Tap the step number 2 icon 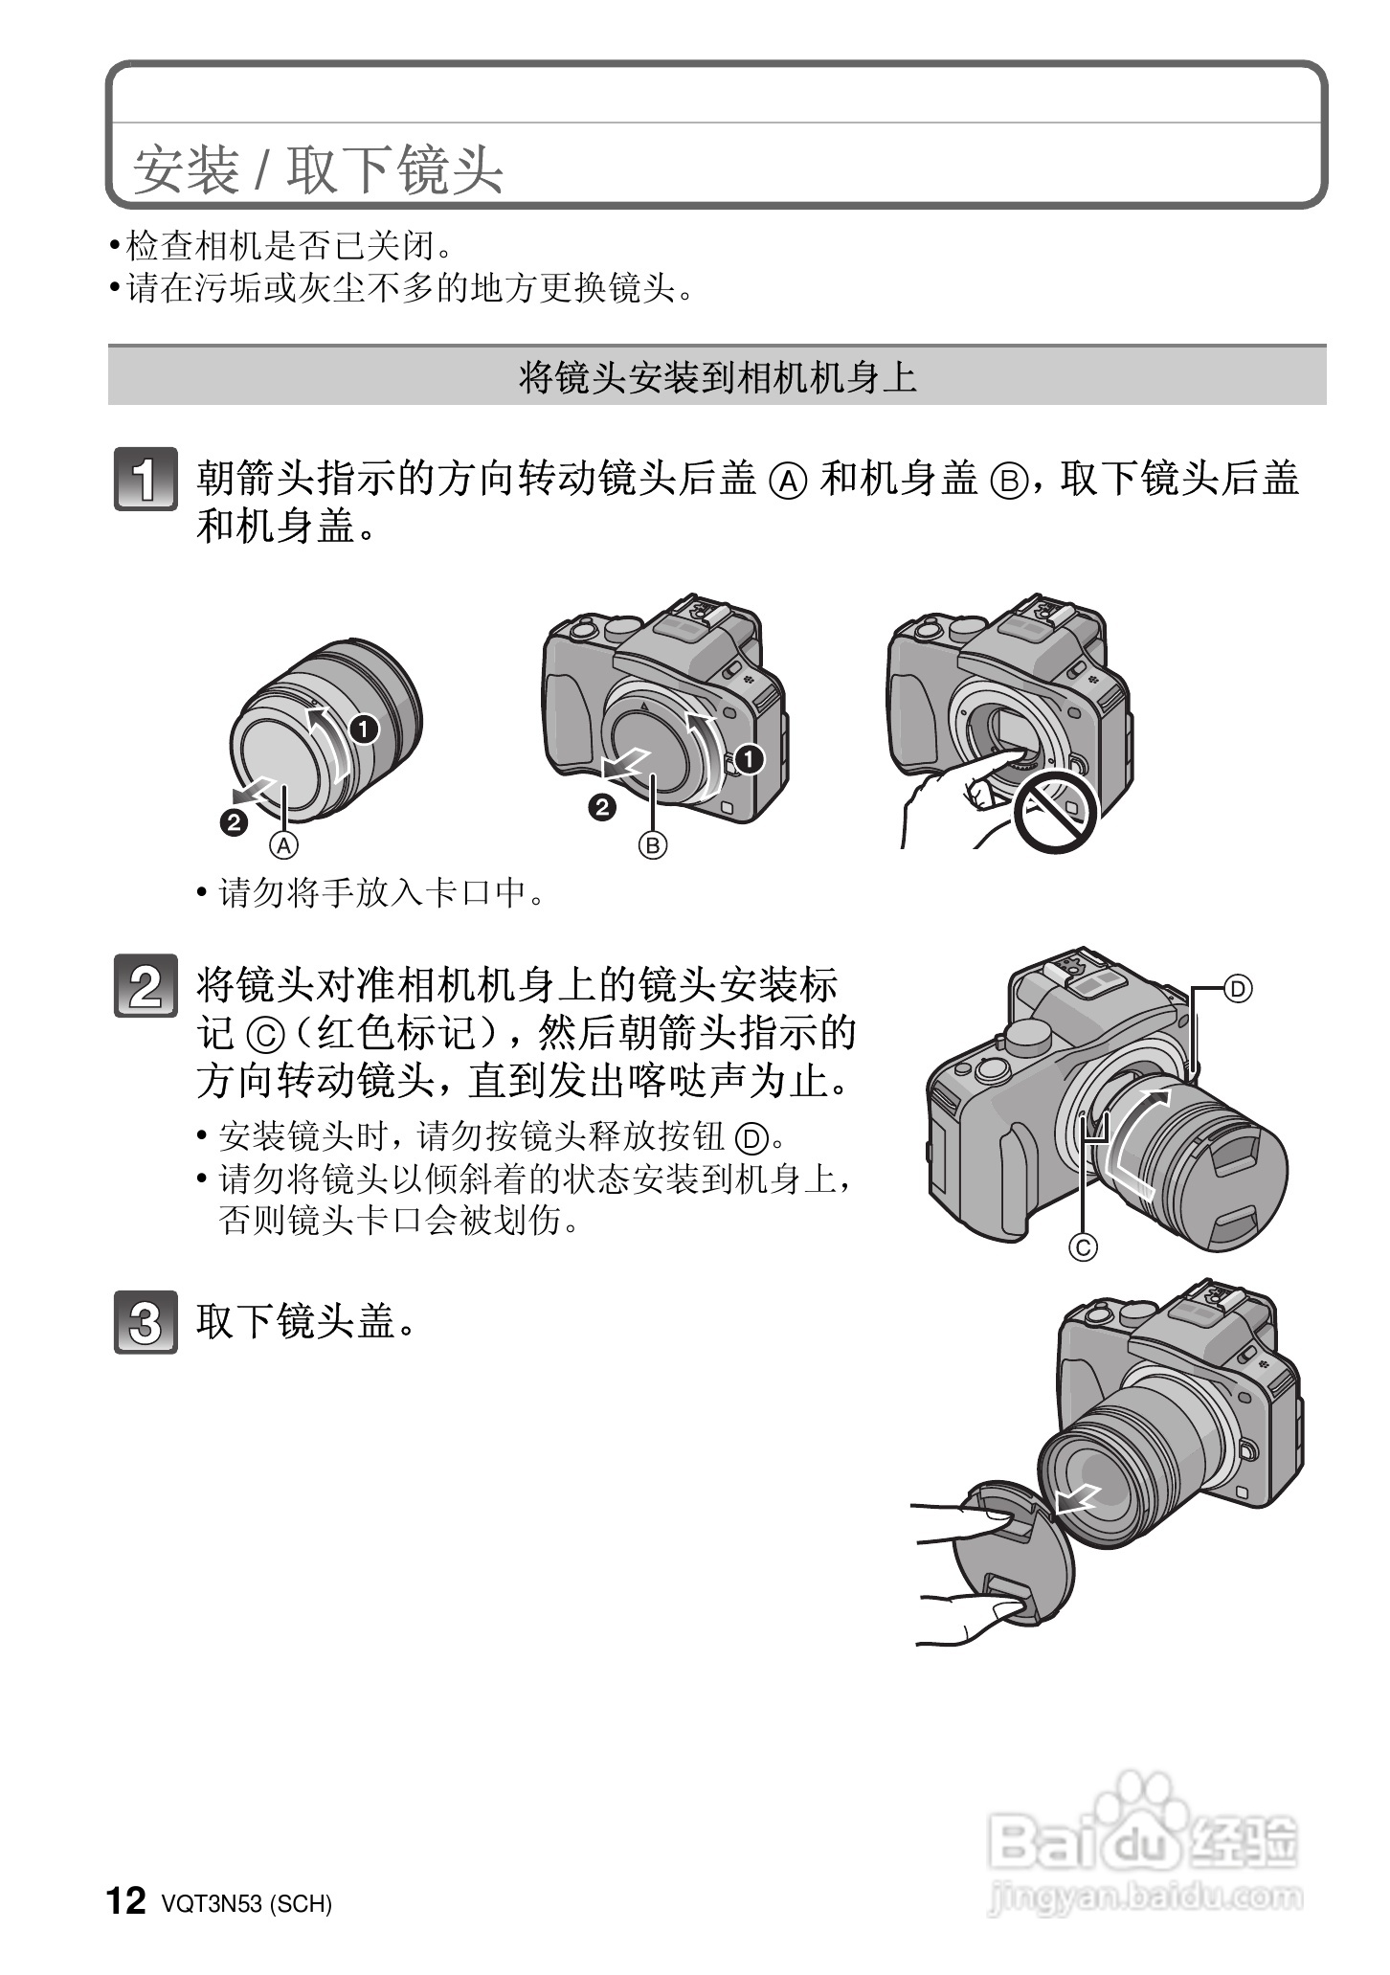[146, 985]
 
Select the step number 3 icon [146, 1322]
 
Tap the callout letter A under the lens [284, 845]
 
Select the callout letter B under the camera [653, 845]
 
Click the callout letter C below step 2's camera [1084, 1247]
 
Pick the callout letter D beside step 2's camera [1238, 989]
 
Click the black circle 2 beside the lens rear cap [234, 822]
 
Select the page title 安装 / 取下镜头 [318, 170]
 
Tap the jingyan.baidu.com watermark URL [1144, 1896]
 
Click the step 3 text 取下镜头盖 [306, 1322]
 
